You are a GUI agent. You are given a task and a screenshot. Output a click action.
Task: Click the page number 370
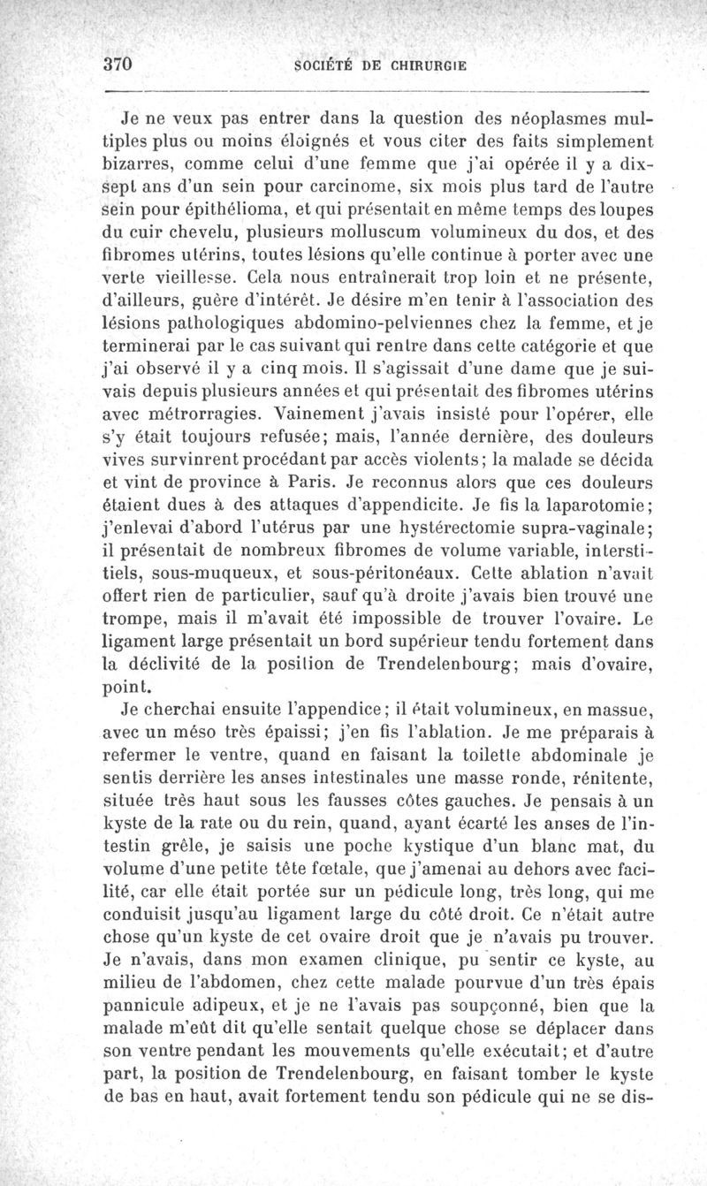tap(117, 64)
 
